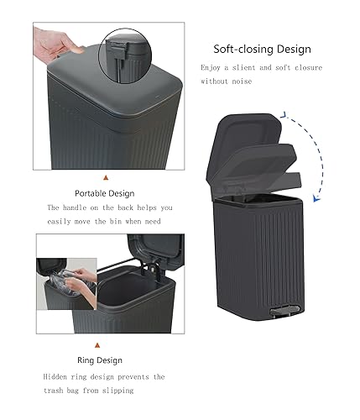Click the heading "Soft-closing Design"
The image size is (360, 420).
(262, 49)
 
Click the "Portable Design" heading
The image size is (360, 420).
(105, 193)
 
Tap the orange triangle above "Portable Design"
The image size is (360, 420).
(105, 178)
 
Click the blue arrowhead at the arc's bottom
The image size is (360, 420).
(316, 198)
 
